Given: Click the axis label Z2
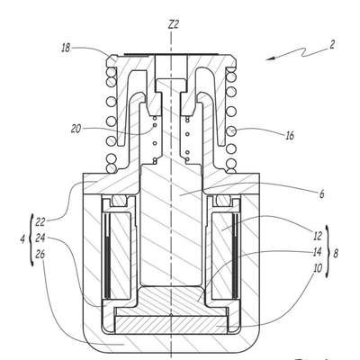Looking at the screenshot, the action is point(174,24).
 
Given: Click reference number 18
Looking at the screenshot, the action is point(66,49).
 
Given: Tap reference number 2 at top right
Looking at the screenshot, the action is point(332,45).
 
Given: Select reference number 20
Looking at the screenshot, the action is point(76,129).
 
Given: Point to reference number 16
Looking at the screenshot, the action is point(290,136).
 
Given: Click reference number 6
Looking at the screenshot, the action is point(321,194).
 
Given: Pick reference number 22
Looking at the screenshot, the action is point(40,222).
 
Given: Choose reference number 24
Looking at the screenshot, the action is point(40,238).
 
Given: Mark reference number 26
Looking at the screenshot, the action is point(40,255).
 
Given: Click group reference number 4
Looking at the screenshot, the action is point(22,239).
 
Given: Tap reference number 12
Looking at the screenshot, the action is point(317,236).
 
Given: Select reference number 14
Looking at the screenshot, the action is point(317,252).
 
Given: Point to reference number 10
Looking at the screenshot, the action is point(317,268).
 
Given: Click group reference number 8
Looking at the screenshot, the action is point(336,254).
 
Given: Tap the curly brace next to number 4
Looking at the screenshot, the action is point(31,239).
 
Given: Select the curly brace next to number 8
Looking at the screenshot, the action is point(328,252).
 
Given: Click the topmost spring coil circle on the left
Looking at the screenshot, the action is point(112,72).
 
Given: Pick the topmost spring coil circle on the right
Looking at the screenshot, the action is point(230,72).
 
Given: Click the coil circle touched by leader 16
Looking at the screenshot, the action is point(231,131).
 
